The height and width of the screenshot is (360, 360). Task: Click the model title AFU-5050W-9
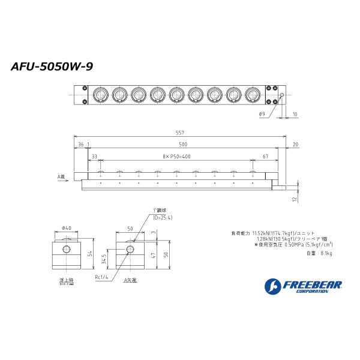pyautogui.click(x=52, y=67)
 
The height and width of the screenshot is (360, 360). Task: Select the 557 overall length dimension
pyautogui.click(x=179, y=133)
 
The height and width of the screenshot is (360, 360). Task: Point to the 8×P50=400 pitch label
pyautogui.click(x=177, y=156)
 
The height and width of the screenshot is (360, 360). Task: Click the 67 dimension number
pyautogui.click(x=265, y=156)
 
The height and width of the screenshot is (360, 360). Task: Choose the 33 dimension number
pyautogui.click(x=94, y=156)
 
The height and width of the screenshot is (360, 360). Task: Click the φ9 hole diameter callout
pyautogui.click(x=262, y=113)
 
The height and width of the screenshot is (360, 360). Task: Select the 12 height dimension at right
pyautogui.click(x=294, y=199)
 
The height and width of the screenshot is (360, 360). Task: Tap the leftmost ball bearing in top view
pyautogui.click(x=100, y=95)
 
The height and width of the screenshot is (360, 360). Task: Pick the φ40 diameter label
pyautogui.click(x=67, y=228)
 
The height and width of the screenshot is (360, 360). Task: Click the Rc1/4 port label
pyautogui.click(x=101, y=277)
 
